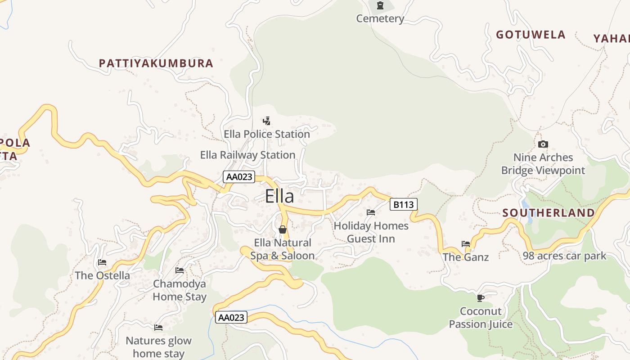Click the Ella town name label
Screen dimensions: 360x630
279,196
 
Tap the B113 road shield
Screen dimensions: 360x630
403,205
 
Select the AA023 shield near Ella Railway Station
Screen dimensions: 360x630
239,177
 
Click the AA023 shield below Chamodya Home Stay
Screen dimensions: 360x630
231,317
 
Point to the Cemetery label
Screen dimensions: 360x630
380,18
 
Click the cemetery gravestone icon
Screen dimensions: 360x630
380,6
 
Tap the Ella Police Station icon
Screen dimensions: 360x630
267,121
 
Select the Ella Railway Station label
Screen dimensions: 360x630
247,155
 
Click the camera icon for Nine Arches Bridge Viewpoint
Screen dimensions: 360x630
543,144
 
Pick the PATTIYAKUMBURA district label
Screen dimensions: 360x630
156,63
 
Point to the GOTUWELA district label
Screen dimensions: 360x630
531,35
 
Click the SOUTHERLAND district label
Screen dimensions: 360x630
549,213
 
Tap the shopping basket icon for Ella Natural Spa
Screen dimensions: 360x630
283,229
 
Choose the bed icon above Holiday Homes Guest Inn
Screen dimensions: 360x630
371,212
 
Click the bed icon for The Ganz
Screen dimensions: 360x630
466,244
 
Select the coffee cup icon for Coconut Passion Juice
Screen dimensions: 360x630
481,297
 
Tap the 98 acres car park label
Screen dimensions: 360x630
564,256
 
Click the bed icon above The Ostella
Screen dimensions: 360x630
102,262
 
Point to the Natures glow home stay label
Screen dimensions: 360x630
158,347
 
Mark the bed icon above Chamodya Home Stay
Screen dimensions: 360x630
180,270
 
